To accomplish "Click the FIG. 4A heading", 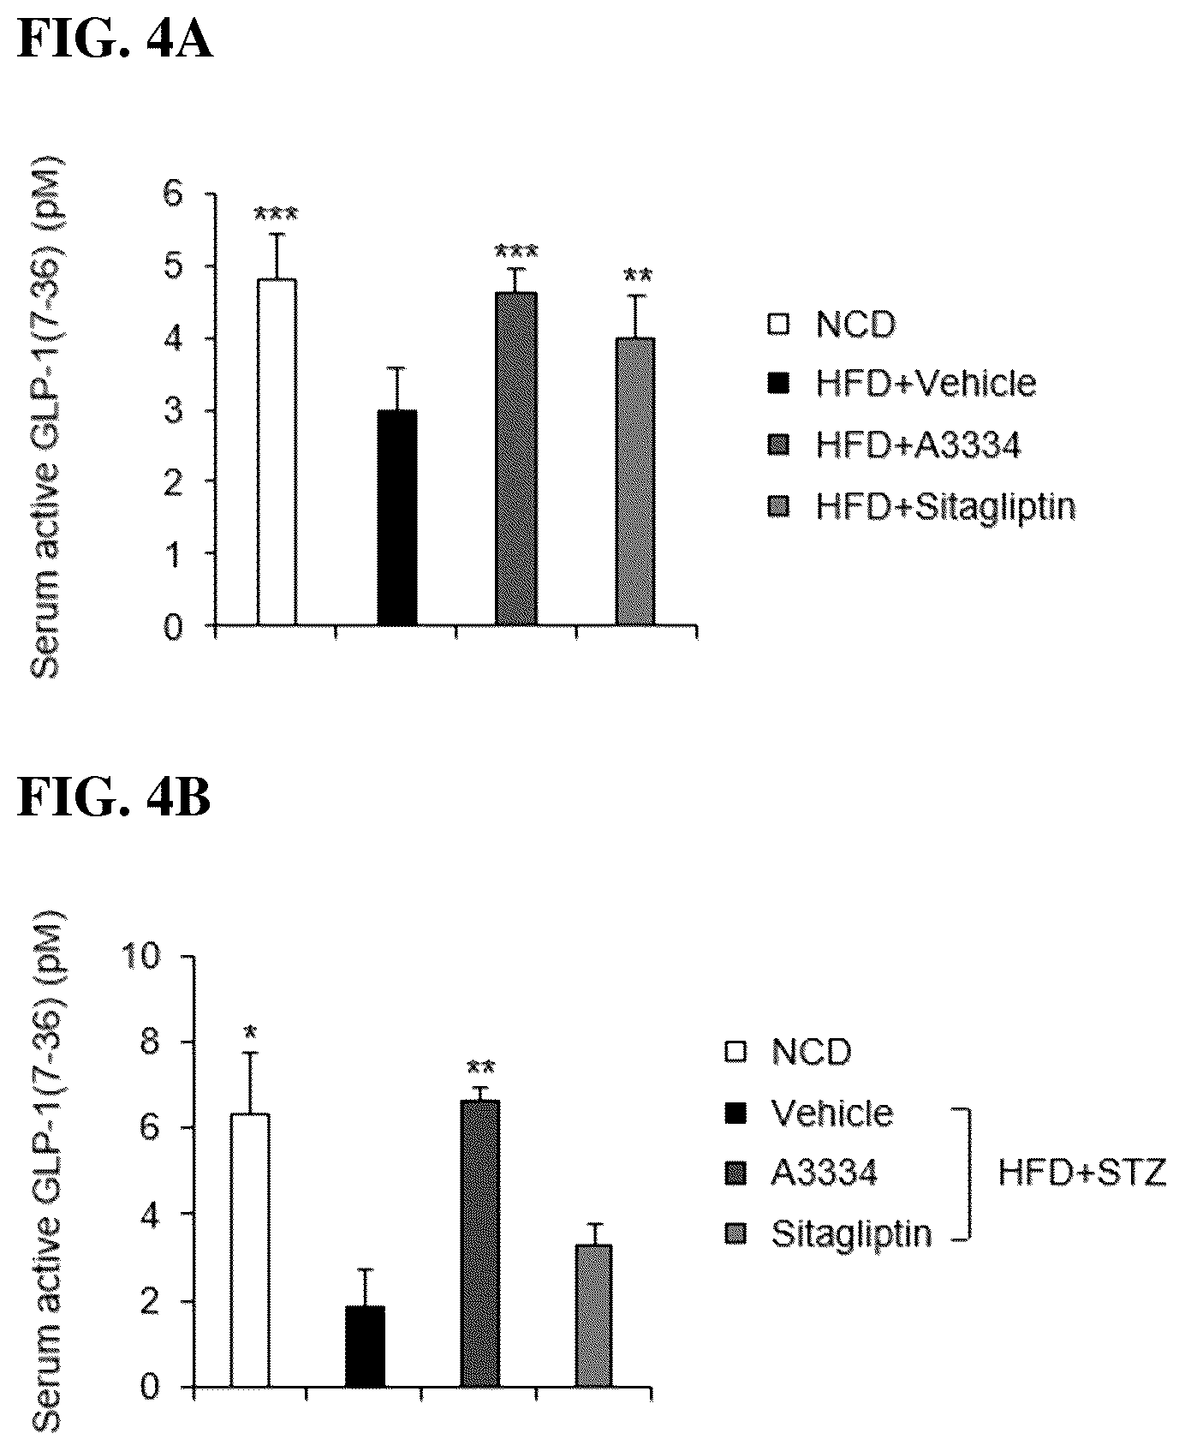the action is (x=115, y=40).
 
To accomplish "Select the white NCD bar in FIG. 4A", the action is (x=277, y=452).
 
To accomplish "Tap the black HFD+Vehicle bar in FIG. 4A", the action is (x=396, y=517).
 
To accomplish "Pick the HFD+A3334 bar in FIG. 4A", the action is (x=516, y=458).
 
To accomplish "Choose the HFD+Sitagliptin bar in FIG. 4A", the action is (x=635, y=481).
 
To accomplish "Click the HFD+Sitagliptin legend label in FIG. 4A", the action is (x=945, y=508).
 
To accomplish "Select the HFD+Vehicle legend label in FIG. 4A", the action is (x=926, y=383).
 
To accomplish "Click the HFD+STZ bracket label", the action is (x=1082, y=1173).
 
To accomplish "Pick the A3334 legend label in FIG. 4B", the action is (x=824, y=1173).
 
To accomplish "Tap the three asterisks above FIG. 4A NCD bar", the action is (x=276, y=214).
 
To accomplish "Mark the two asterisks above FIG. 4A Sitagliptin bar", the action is (x=637, y=276).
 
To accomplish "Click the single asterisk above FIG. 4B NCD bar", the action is (x=250, y=1032).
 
